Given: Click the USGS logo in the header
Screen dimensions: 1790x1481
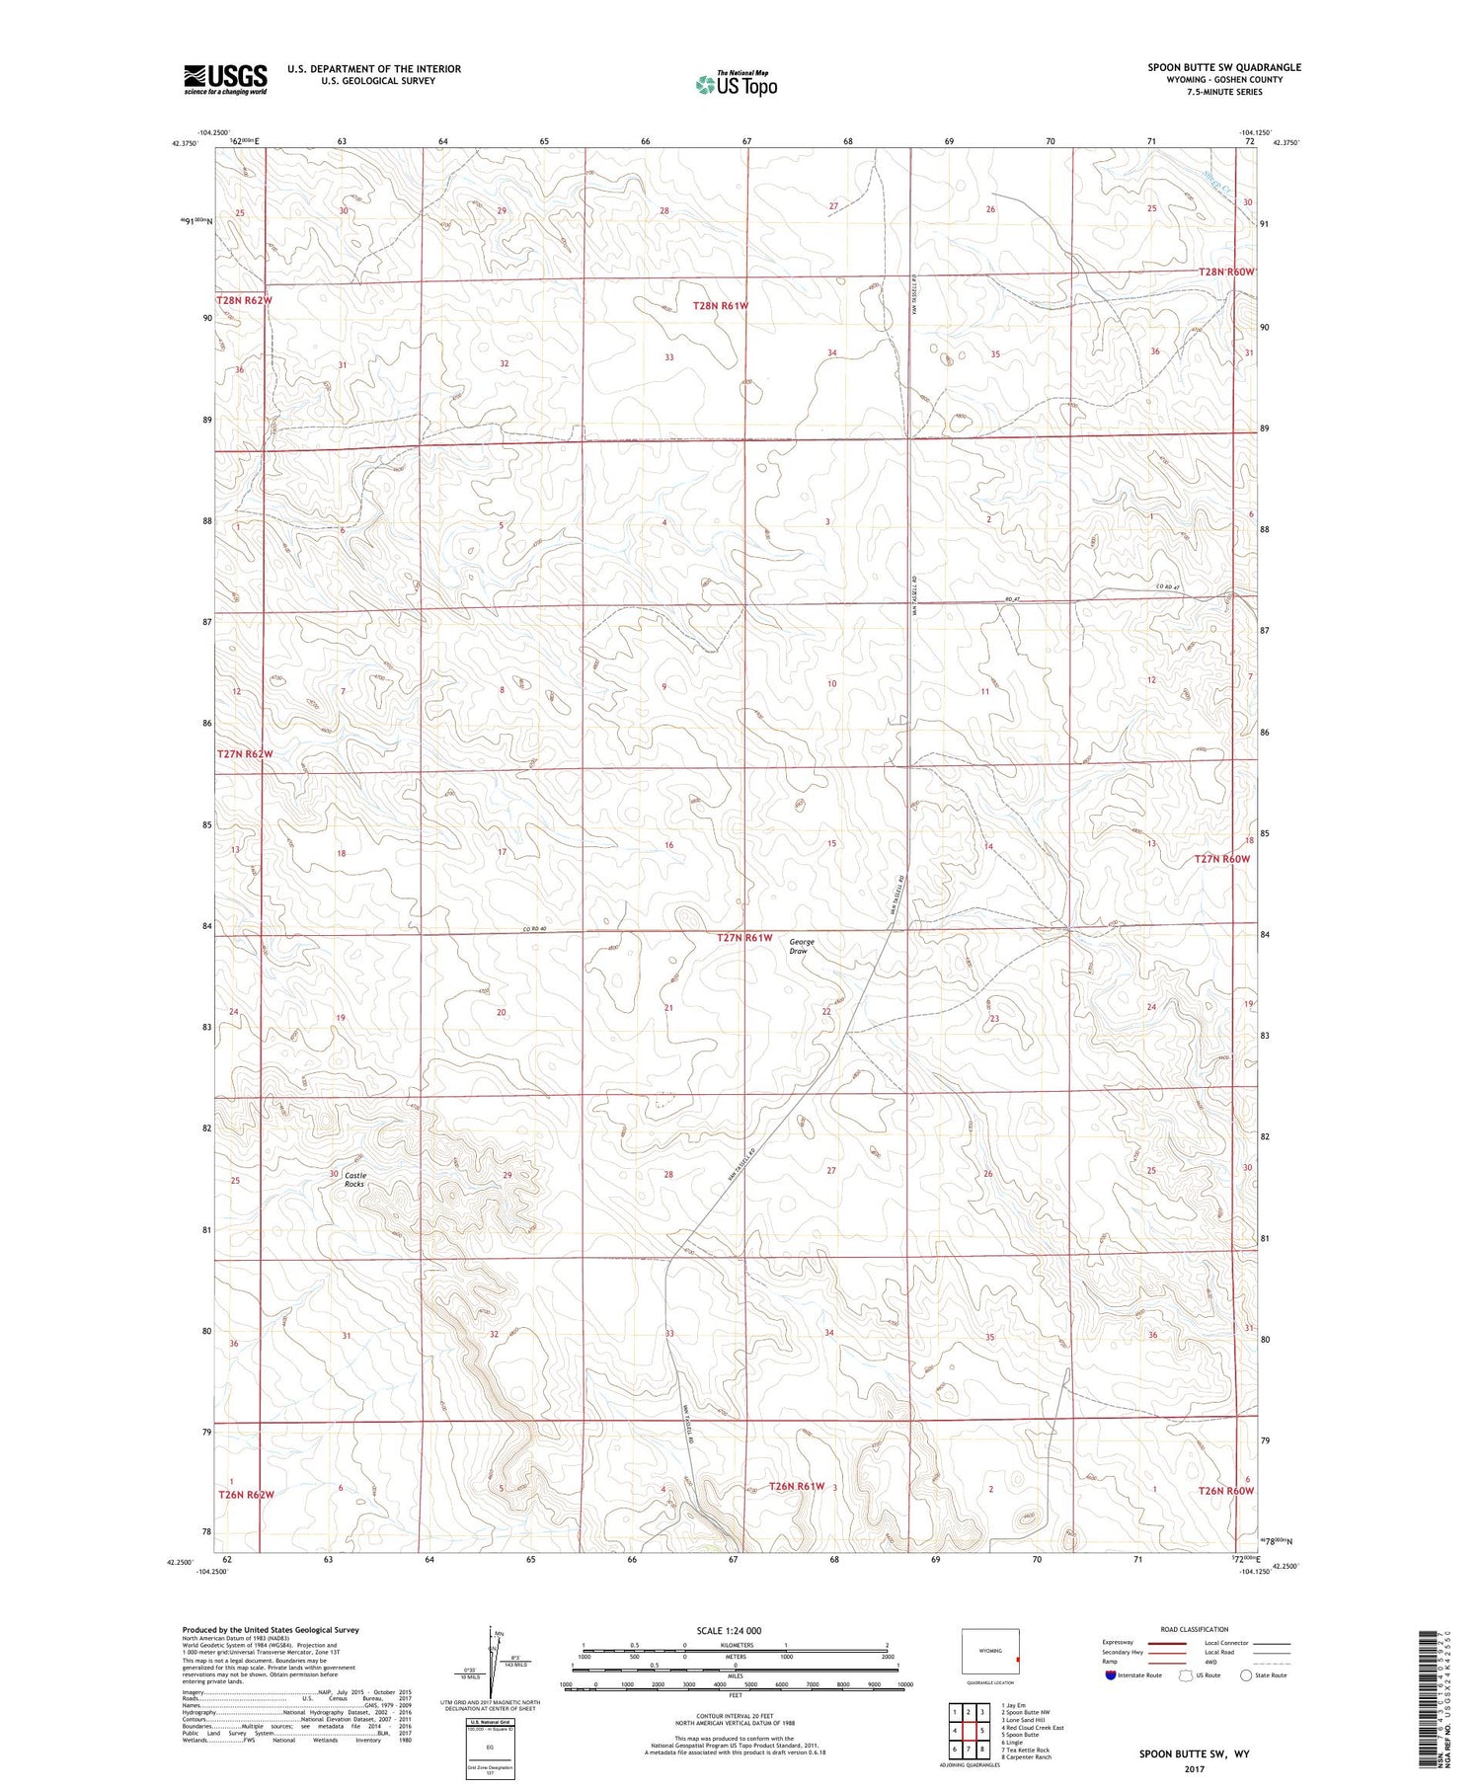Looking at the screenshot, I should [225, 79].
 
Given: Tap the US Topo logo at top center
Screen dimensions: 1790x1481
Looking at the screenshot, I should [736, 84].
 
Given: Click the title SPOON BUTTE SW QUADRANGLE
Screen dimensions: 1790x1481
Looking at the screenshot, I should [1223, 67].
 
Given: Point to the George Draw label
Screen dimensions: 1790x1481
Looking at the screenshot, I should [801, 946].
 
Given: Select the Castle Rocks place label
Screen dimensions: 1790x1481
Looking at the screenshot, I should [354, 1179].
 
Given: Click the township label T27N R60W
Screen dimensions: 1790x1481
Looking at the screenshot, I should [1222, 859].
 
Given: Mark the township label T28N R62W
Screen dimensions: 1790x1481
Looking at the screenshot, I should [244, 300].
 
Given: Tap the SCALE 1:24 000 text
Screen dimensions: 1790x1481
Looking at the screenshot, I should [730, 1630].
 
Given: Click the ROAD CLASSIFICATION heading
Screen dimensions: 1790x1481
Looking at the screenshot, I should [1195, 1629].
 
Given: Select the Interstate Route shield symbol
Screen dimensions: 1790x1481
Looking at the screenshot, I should [1111, 1675].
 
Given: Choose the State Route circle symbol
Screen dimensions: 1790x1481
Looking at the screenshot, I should [1246, 1675].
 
